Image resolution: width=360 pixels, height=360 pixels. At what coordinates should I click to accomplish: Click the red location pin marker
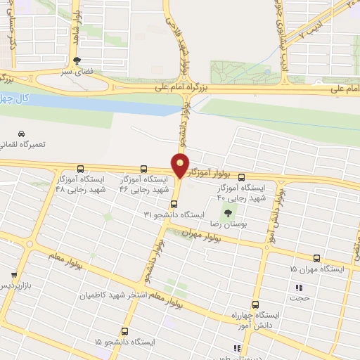[181, 166]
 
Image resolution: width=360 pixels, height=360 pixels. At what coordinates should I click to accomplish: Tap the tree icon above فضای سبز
[76, 60]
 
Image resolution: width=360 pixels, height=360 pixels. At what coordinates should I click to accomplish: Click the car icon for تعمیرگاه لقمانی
[22, 134]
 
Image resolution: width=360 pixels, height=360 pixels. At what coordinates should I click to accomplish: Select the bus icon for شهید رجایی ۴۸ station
[82, 169]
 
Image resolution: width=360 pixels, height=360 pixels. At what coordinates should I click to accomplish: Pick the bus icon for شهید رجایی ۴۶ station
[143, 169]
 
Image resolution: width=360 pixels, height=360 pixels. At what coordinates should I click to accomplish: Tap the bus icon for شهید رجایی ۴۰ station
[242, 177]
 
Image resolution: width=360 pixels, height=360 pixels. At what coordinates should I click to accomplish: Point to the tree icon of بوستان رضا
[227, 212]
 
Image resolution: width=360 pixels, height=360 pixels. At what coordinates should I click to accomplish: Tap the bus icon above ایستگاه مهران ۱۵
[316, 258]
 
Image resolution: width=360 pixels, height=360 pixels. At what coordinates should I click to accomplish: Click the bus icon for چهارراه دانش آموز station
[255, 304]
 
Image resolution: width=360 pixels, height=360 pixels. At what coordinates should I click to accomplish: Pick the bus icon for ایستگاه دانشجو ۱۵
[125, 330]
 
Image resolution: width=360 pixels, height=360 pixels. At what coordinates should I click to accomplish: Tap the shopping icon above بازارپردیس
[13, 275]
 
